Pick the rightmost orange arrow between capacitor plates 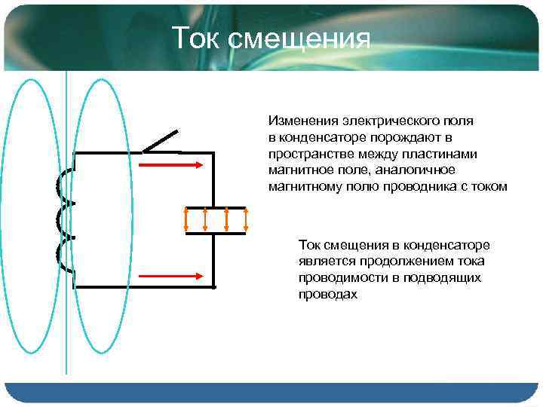pos(246,219)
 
